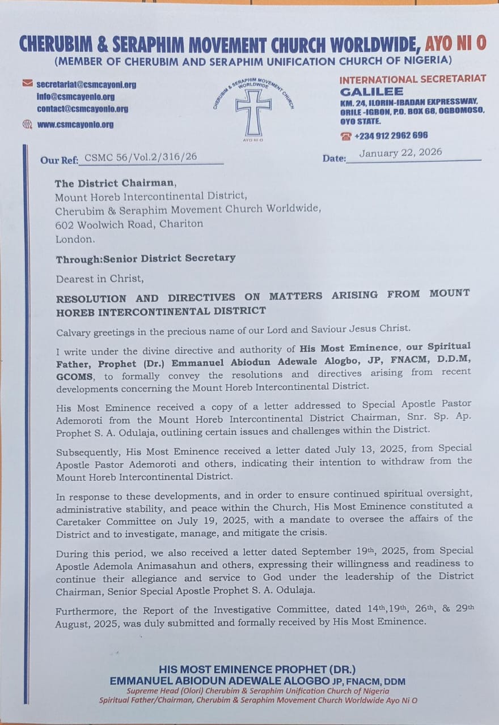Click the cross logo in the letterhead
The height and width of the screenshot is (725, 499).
point(253,112)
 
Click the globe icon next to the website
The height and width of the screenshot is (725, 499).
point(27,124)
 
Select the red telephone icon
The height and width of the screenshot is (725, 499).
point(346,136)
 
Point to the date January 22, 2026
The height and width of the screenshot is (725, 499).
point(400,152)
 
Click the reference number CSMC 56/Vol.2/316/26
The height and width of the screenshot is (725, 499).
point(141,157)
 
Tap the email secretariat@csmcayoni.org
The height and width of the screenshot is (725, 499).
point(87,85)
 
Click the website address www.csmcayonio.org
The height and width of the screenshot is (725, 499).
point(75,125)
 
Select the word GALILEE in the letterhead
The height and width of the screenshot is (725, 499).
point(371,92)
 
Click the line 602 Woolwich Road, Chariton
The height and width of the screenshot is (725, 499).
point(129,224)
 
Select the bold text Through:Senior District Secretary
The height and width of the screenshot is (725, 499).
point(145,258)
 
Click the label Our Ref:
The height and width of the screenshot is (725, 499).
point(59,160)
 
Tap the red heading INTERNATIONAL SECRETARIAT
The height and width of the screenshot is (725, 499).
point(413,79)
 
